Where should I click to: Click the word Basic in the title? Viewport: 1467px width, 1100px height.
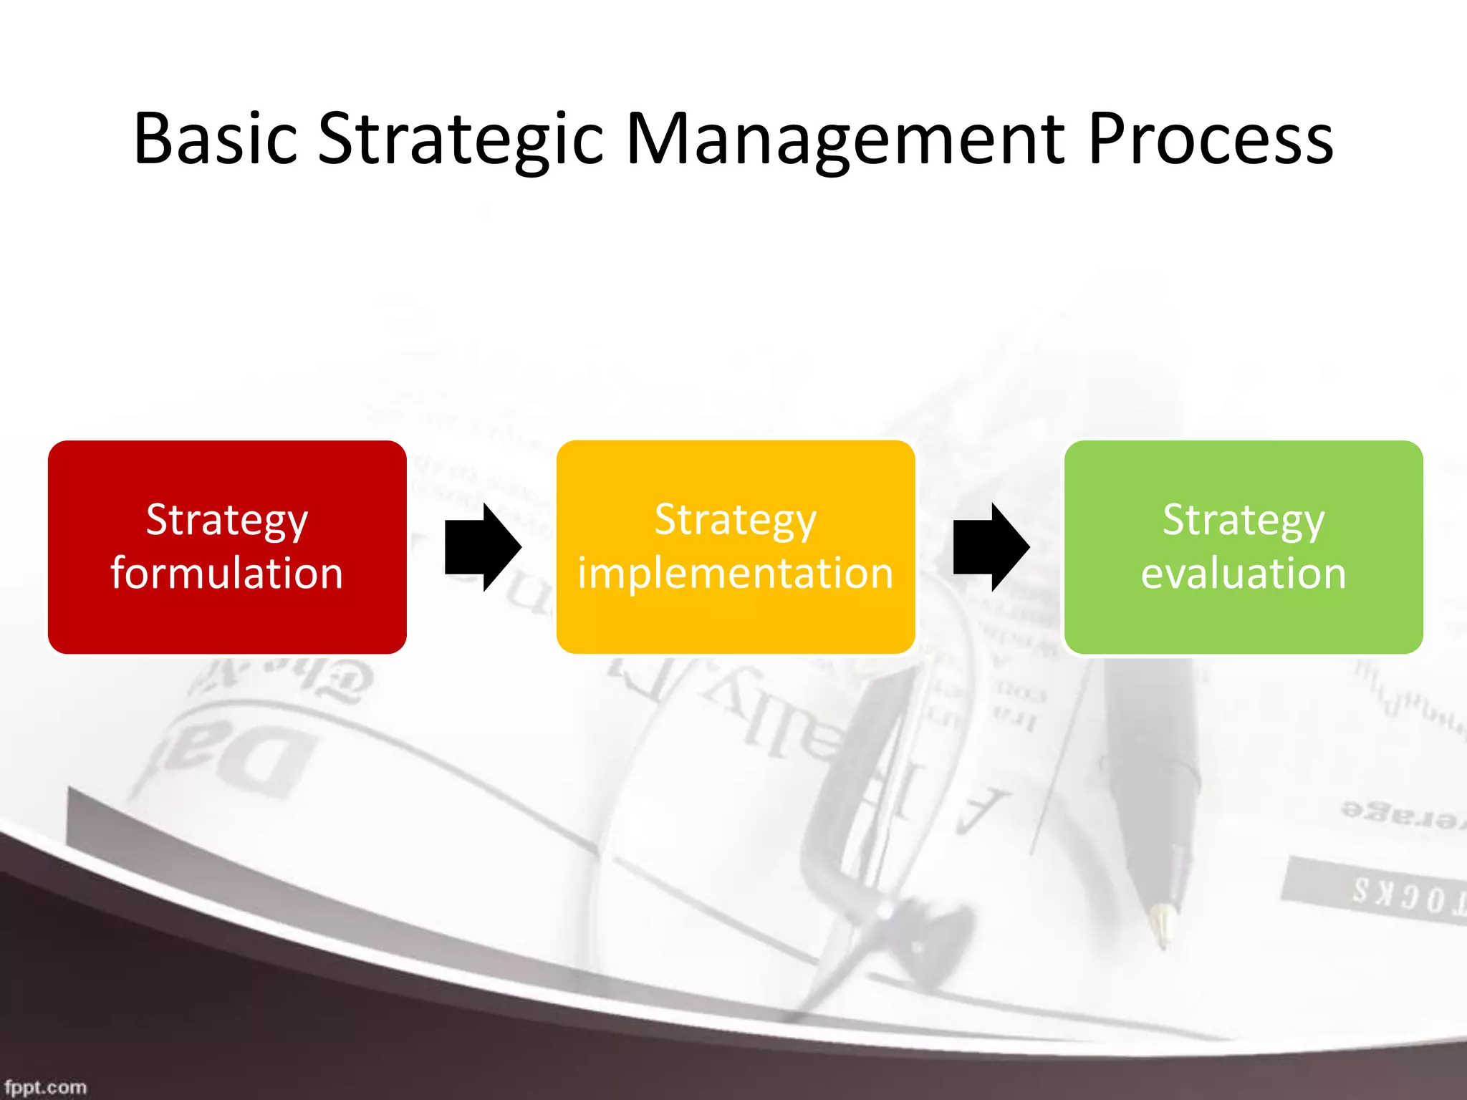click(x=215, y=139)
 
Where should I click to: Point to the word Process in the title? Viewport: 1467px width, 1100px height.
click(x=1211, y=139)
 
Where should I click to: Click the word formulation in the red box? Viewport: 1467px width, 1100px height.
click(x=227, y=574)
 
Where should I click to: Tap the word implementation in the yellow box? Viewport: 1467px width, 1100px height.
click(x=736, y=574)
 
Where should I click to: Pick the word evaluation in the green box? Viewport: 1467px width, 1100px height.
click(x=1244, y=574)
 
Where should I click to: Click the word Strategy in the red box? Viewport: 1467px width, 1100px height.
click(x=227, y=521)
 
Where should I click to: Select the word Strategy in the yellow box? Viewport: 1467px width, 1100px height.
click(x=736, y=521)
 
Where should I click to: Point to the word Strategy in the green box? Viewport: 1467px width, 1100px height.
click(x=1244, y=521)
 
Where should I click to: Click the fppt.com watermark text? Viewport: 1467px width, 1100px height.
click(x=45, y=1087)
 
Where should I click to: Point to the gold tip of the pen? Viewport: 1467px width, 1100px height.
click(x=1161, y=924)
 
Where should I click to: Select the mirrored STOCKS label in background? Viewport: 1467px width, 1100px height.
click(x=1397, y=895)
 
